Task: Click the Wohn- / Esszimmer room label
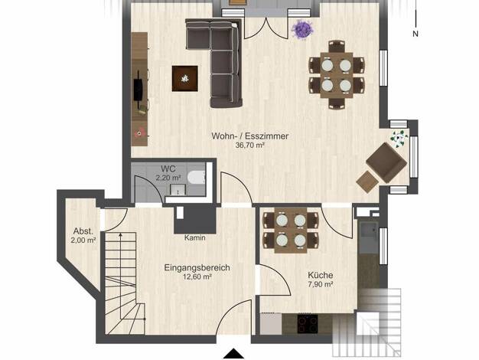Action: [x=250, y=136]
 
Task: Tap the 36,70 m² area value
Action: [x=249, y=146]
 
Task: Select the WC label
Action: [x=168, y=169]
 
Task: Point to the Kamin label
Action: [x=194, y=237]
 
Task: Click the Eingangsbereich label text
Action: [x=197, y=267]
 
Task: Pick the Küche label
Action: [x=320, y=275]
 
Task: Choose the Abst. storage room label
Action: [x=83, y=231]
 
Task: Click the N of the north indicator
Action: [x=415, y=34]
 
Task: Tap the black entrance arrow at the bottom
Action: [x=233, y=354]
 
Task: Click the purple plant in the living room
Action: [x=302, y=30]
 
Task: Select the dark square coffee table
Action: [x=185, y=79]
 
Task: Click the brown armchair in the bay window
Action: [x=386, y=162]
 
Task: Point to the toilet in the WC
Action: [x=197, y=178]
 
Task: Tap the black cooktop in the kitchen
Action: [x=308, y=323]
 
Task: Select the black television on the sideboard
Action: [x=138, y=89]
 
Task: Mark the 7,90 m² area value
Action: [x=321, y=284]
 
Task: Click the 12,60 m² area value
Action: [x=197, y=277]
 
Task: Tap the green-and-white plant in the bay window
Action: [x=399, y=139]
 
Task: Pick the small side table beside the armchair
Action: [x=367, y=182]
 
